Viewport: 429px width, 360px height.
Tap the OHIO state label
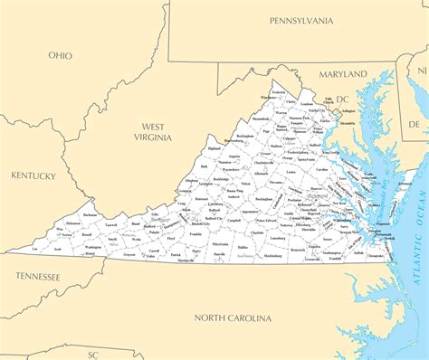[x=61, y=55]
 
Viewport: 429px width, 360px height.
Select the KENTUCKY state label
[x=33, y=175]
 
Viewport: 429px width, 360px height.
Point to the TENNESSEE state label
[x=36, y=277]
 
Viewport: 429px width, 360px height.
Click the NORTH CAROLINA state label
[x=234, y=318]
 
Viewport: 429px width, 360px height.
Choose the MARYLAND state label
[x=343, y=73]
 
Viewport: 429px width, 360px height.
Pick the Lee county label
[x=34, y=248]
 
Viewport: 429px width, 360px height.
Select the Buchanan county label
[x=89, y=214]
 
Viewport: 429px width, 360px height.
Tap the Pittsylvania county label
[x=220, y=244]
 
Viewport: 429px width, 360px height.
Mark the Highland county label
[x=214, y=148]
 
